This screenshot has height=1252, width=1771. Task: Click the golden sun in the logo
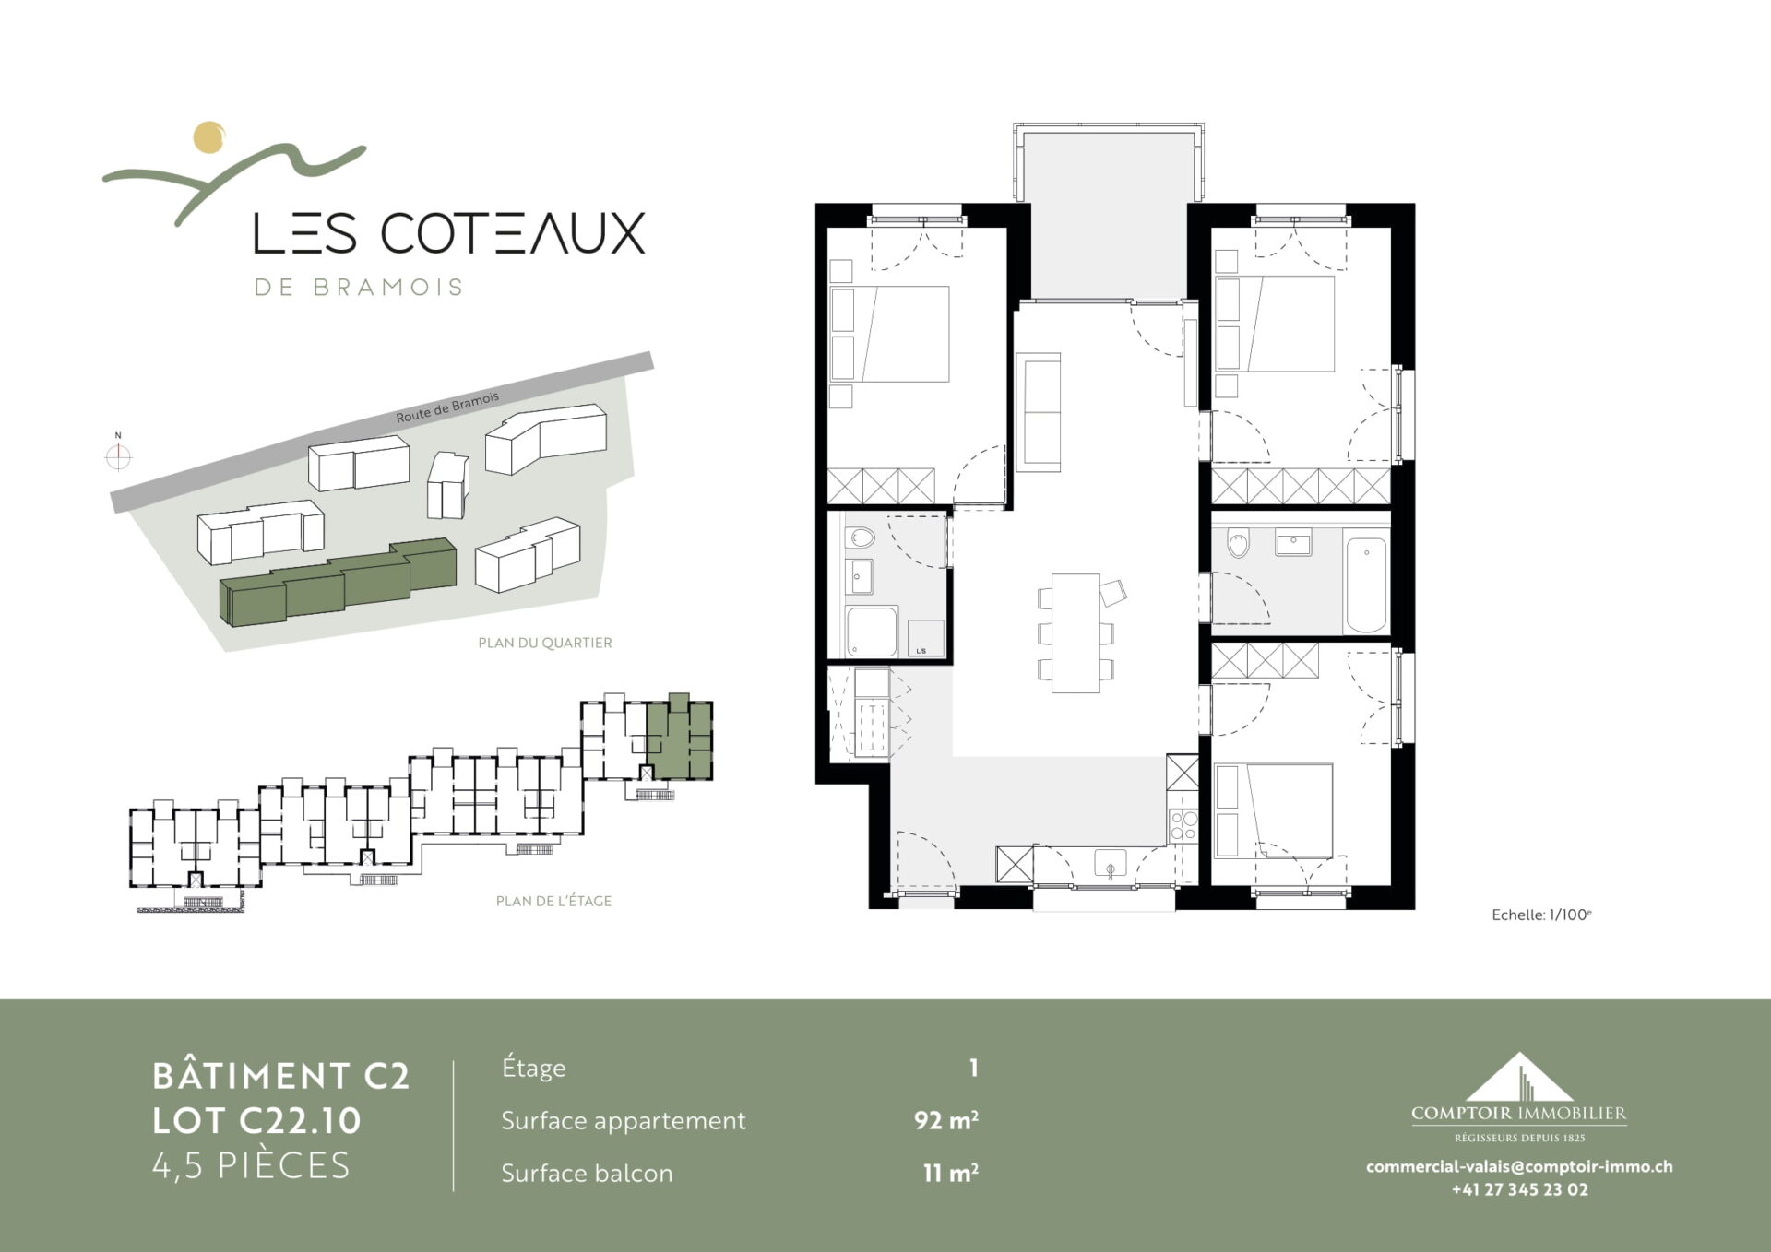209,137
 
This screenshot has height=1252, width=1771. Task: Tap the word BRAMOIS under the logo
387,288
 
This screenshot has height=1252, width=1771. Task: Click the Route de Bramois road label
447,407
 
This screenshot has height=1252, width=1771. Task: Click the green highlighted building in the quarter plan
338,583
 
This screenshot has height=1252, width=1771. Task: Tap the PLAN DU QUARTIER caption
544,643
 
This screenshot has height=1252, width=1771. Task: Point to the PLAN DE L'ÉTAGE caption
553,901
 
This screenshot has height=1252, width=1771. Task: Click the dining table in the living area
1076,632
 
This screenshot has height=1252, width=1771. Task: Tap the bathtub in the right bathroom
1366,585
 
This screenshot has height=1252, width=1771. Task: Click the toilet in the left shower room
862,537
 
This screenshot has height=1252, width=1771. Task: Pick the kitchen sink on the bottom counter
1111,866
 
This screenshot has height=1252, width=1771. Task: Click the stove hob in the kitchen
1183,824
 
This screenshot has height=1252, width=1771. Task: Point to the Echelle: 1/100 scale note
1541,915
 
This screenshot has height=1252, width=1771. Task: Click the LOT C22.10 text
256,1120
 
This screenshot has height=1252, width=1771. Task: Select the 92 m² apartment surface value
946,1120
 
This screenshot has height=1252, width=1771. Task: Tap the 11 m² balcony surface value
950,1173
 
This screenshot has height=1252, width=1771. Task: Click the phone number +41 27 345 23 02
1520,1189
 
